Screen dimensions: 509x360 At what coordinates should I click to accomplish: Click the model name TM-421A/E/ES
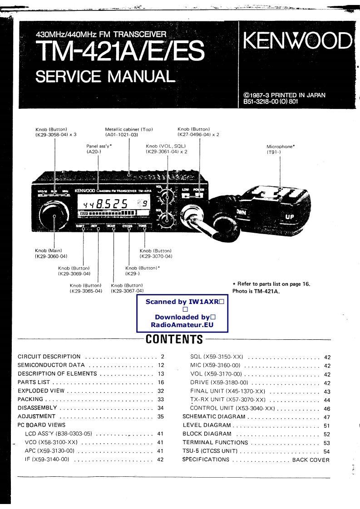tap(120, 51)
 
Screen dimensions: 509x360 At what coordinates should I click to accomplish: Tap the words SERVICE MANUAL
tap(104, 75)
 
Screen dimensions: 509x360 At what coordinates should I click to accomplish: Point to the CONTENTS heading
tap(174, 339)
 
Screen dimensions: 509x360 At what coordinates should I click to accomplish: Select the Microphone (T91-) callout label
tap(281, 149)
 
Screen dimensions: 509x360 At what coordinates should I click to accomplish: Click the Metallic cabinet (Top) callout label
tap(128, 132)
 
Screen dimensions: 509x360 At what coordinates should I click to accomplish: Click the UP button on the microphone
tap(290, 216)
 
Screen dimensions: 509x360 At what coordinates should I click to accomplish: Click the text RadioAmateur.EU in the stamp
tap(182, 325)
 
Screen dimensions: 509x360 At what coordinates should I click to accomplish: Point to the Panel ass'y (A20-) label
tap(99, 149)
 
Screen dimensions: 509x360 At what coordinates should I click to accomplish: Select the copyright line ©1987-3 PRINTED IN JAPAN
tap(284, 95)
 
